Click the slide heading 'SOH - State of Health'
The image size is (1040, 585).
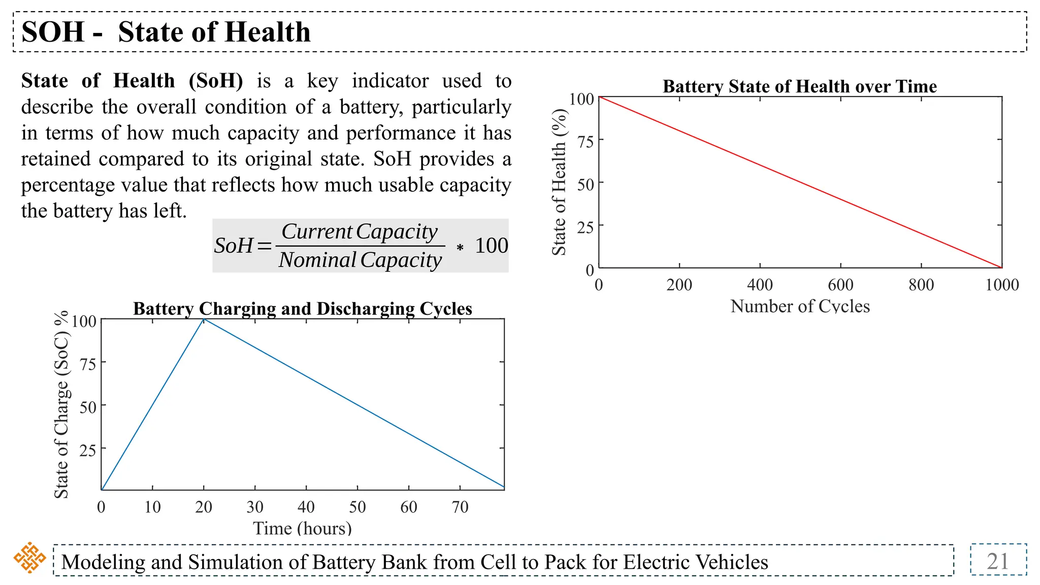point(166,32)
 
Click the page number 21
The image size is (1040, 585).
point(997,561)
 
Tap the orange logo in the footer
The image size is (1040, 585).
point(29,558)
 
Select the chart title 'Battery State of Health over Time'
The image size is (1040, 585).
point(799,86)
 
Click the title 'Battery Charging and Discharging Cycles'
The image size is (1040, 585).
point(303,309)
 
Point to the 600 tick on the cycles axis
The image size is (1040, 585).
point(840,284)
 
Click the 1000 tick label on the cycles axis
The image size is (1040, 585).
point(1001,284)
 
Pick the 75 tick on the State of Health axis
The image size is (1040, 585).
point(586,142)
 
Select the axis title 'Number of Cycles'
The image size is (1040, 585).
point(800,306)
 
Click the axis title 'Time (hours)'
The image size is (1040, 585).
point(303,528)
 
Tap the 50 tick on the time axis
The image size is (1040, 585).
point(357,507)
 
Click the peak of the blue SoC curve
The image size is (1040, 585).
point(204,319)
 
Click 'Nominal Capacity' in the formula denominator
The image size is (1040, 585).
point(360,260)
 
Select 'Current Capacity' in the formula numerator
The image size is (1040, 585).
point(360,232)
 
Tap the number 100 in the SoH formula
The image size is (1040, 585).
point(491,246)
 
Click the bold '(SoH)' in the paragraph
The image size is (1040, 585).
point(216,81)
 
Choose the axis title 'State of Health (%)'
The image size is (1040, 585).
point(559,182)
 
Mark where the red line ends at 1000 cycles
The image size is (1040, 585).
point(1001,267)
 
